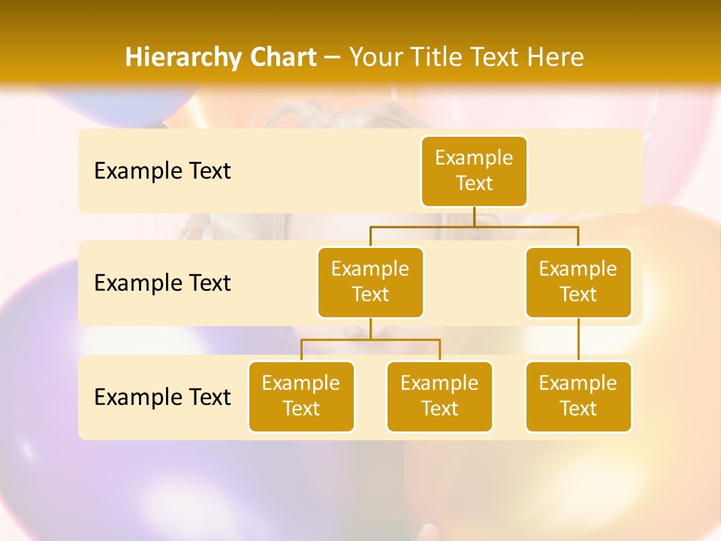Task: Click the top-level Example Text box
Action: pyautogui.click(x=474, y=171)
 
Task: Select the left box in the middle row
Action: pyautogui.click(x=370, y=282)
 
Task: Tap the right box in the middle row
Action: pyautogui.click(x=578, y=282)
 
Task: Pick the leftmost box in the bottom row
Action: pyautogui.click(x=301, y=396)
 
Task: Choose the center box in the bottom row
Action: pyautogui.click(x=439, y=396)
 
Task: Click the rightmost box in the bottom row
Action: pyautogui.click(x=578, y=396)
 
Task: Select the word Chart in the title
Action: pyautogui.click(x=279, y=58)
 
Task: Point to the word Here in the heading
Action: pyautogui.click(x=556, y=58)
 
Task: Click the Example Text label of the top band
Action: pyautogui.click(x=162, y=171)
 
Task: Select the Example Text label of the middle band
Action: pyautogui.click(x=162, y=283)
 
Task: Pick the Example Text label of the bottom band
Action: pyautogui.click(x=162, y=397)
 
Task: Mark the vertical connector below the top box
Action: pyautogui.click(x=474, y=216)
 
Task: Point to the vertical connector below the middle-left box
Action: pyautogui.click(x=370, y=328)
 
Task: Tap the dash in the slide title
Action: pyautogui.click(x=333, y=58)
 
